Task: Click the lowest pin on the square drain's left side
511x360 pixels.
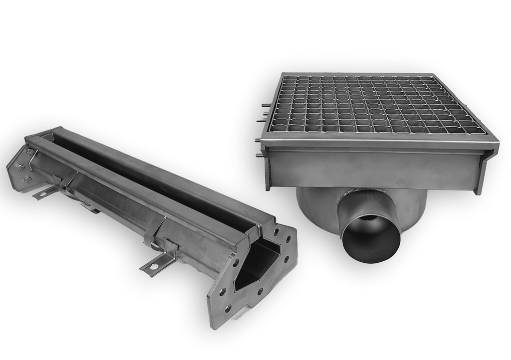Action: click(x=259, y=156)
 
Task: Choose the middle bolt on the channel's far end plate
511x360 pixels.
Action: click(x=21, y=168)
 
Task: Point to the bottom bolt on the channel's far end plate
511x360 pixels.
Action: click(x=28, y=179)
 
